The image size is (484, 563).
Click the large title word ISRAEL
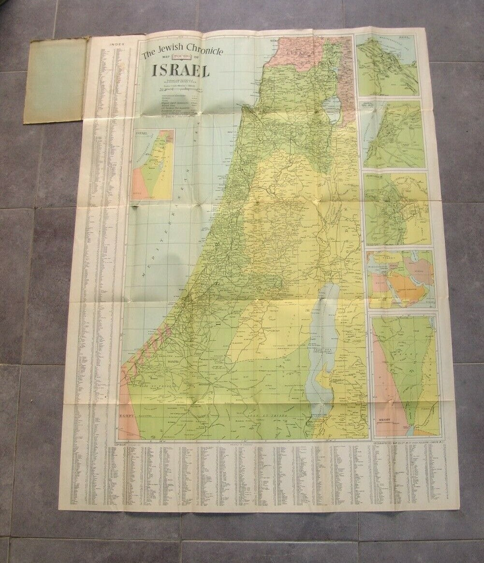pyautogui.click(x=180, y=71)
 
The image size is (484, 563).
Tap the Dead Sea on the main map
pyautogui.click(x=325, y=333)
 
